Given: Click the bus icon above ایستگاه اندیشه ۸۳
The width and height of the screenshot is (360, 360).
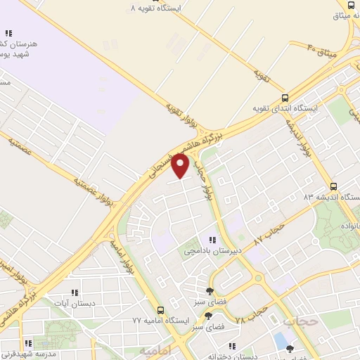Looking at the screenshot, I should (333, 186).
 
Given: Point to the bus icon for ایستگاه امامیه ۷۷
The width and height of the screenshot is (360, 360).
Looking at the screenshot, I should (161, 309).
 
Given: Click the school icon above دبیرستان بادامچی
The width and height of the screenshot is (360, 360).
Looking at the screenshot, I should (212, 240).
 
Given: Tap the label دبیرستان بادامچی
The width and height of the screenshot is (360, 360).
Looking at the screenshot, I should (212, 250).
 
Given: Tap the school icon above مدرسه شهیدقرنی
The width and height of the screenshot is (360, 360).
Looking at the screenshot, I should (28, 344).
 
